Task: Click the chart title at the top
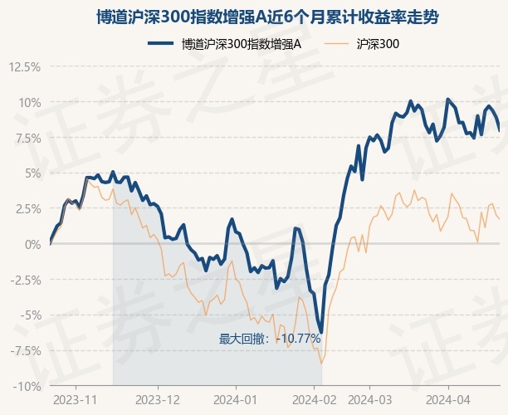(254, 17)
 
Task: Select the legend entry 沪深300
(379, 45)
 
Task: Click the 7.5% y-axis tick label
(26, 138)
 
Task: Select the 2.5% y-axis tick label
(26, 208)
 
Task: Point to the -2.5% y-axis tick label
(23, 280)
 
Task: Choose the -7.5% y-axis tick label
(23, 350)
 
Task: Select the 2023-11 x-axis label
(76, 399)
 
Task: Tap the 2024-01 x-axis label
(236, 399)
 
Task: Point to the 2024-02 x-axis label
(316, 399)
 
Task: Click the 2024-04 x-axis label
(449, 399)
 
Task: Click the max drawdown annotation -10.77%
(270, 339)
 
